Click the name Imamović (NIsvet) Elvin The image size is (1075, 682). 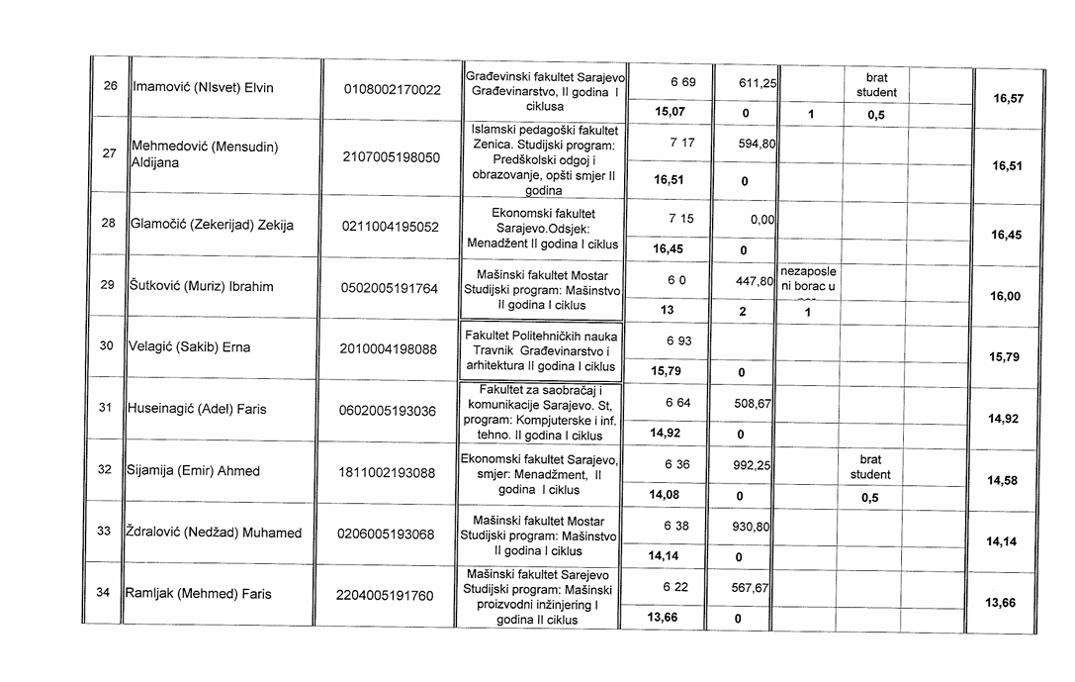click(203, 87)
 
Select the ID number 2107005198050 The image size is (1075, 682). click(392, 156)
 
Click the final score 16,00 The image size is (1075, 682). click(1005, 296)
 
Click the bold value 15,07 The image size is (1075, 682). click(670, 112)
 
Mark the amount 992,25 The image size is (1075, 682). click(756, 465)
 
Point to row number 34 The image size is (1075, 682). click(103, 593)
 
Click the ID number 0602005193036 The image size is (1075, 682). click(387, 410)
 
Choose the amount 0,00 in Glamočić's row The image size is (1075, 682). click(761, 220)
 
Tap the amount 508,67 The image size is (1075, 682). click(755, 404)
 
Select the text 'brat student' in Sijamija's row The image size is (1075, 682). click(870, 467)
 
